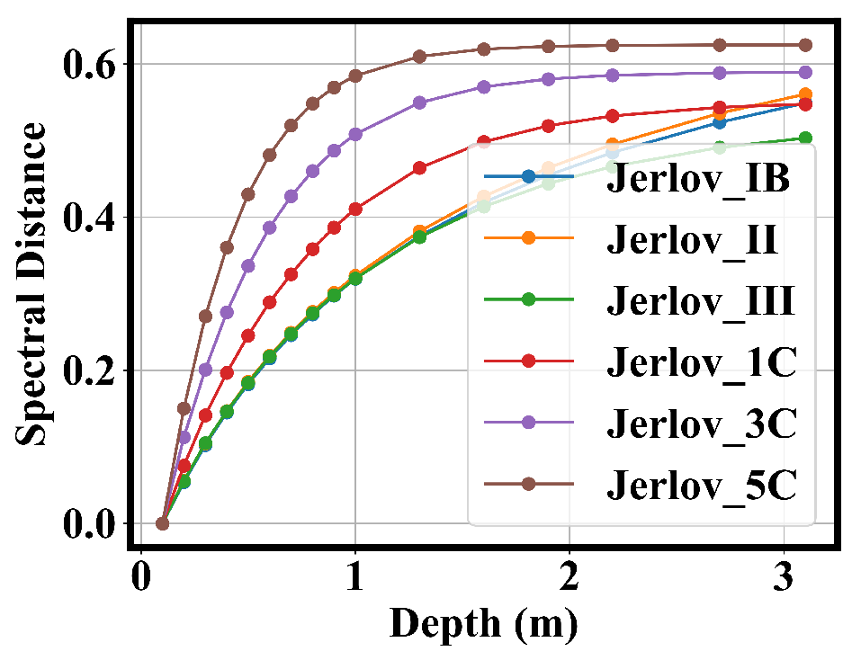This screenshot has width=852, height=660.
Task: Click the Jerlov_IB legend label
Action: click(x=698, y=179)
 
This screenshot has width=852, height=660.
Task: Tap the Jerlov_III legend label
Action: click(x=701, y=301)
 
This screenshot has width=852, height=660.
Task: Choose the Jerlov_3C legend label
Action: click(x=701, y=424)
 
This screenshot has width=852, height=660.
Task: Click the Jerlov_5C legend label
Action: click(x=701, y=485)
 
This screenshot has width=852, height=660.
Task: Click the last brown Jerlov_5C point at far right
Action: click(x=805, y=45)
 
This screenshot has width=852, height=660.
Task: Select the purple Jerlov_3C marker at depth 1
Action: click(x=355, y=135)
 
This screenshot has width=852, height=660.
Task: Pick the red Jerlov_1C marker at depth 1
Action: click(x=355, y=210)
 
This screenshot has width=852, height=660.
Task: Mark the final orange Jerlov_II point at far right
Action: click(x=805, y=94)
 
